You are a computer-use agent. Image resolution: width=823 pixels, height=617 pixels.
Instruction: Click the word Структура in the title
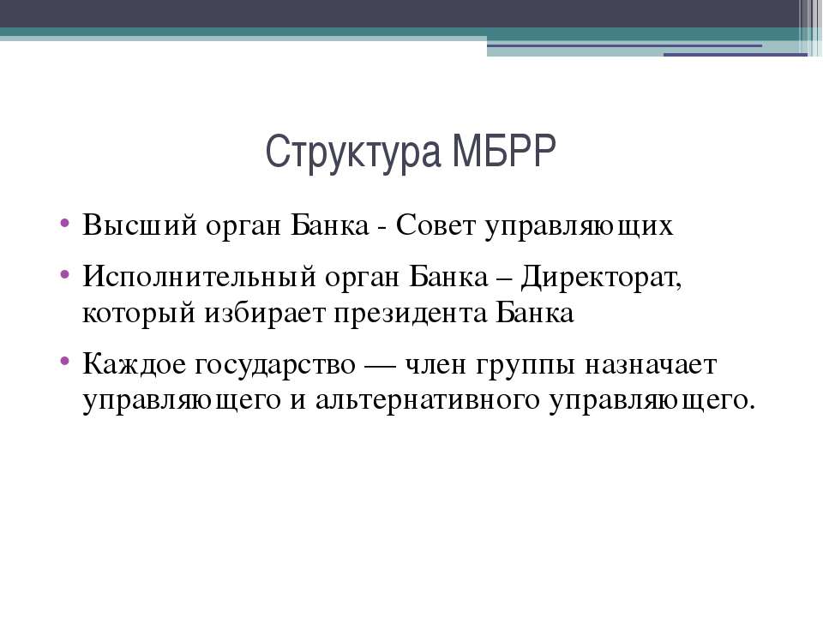[x=353, y=153]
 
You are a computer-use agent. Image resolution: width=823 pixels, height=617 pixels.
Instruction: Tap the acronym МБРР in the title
[x=504, y=151]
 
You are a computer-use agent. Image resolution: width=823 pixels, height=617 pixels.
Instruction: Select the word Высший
[x=140, y=225]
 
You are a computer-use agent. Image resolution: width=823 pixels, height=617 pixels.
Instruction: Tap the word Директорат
[x=600, y=277]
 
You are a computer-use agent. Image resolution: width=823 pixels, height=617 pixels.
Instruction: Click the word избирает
[x=265, y=313]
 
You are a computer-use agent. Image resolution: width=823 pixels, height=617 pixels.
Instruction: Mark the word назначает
[x=651, y=365]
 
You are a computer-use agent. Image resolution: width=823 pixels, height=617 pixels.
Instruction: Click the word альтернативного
[x=428, y=401]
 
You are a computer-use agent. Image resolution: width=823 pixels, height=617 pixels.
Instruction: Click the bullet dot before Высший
[x=65, y=221]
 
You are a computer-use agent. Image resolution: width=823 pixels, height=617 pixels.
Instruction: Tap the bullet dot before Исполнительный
[x=65, y=273]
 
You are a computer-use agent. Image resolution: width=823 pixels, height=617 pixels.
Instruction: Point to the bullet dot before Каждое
[x=65, y=361]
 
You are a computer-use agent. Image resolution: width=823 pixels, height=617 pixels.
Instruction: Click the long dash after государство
[x=381, y=366]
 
